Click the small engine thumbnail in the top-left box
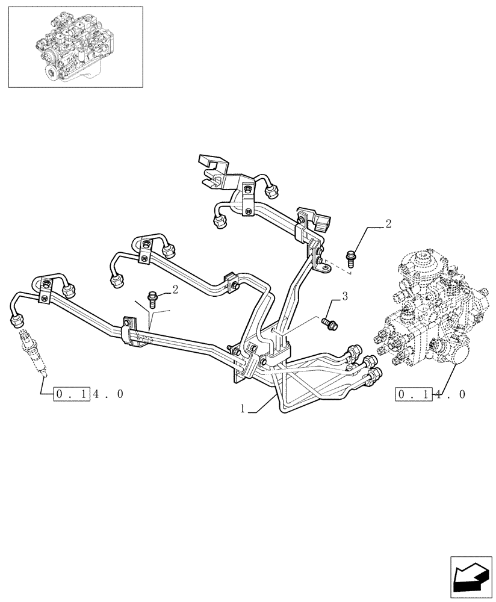tap(75, 47)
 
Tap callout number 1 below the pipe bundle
tap(243, 409)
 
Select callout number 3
tap(345, 296)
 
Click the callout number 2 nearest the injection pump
tap(388, 225)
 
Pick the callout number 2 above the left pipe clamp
tap(175, 290)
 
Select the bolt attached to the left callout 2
tap(152, 297)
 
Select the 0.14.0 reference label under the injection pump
tap(430, 395)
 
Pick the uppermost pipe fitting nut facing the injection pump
tap(353, 352)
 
